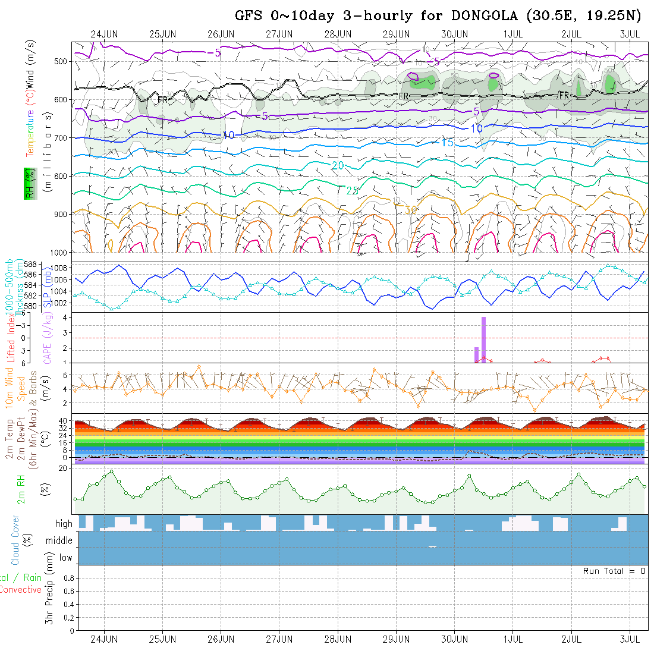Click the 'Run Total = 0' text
[614, 571]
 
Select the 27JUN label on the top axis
[279, 34]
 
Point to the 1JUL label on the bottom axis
[512, 640]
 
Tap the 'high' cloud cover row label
[64, 524]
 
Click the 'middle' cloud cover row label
[59, 541]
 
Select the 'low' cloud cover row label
[65, 558]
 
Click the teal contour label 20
[338, 165]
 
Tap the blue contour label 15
[447, 143]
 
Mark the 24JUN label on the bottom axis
[103, 640]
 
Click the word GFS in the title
[250, 15]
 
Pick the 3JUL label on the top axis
[628, 34]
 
